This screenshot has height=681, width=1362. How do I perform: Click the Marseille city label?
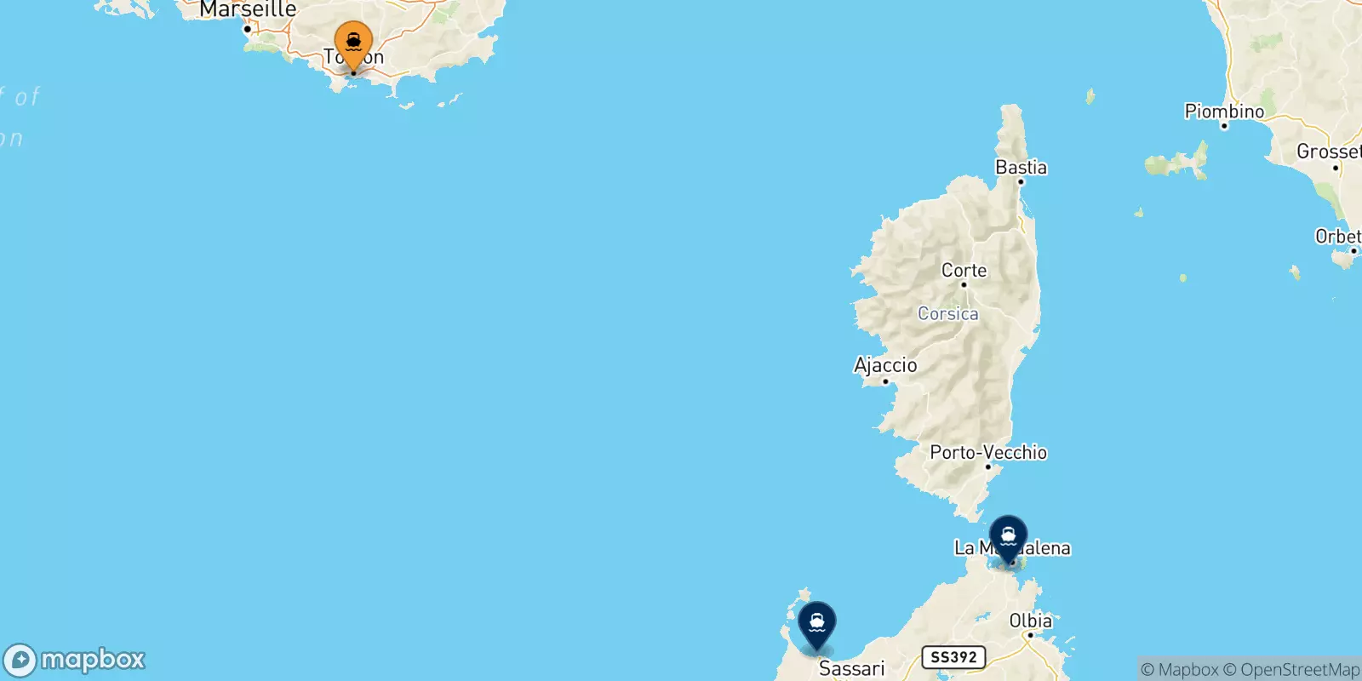[248, 9]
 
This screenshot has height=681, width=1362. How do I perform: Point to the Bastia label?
[1021, 167]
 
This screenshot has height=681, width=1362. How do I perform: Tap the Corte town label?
[964, 270]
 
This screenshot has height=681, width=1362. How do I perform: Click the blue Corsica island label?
[947, 313]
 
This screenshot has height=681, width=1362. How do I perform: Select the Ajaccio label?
[885, 364]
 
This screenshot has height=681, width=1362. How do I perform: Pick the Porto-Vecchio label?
[988, 452]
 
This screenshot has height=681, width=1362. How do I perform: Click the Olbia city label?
[1030, 621]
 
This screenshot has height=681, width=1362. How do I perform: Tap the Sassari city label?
[851, 668]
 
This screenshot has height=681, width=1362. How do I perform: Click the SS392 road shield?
[953, 657]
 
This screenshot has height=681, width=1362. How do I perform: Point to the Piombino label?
[1224, 111]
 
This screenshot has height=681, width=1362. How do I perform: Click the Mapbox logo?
[75, 660]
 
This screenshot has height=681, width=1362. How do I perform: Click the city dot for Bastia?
[1021, 181]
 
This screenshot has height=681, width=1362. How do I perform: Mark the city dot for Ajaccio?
[885, 381]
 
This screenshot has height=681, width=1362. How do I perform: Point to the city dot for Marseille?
[248, 29]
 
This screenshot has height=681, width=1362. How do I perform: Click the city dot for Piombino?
[1224, 126]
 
